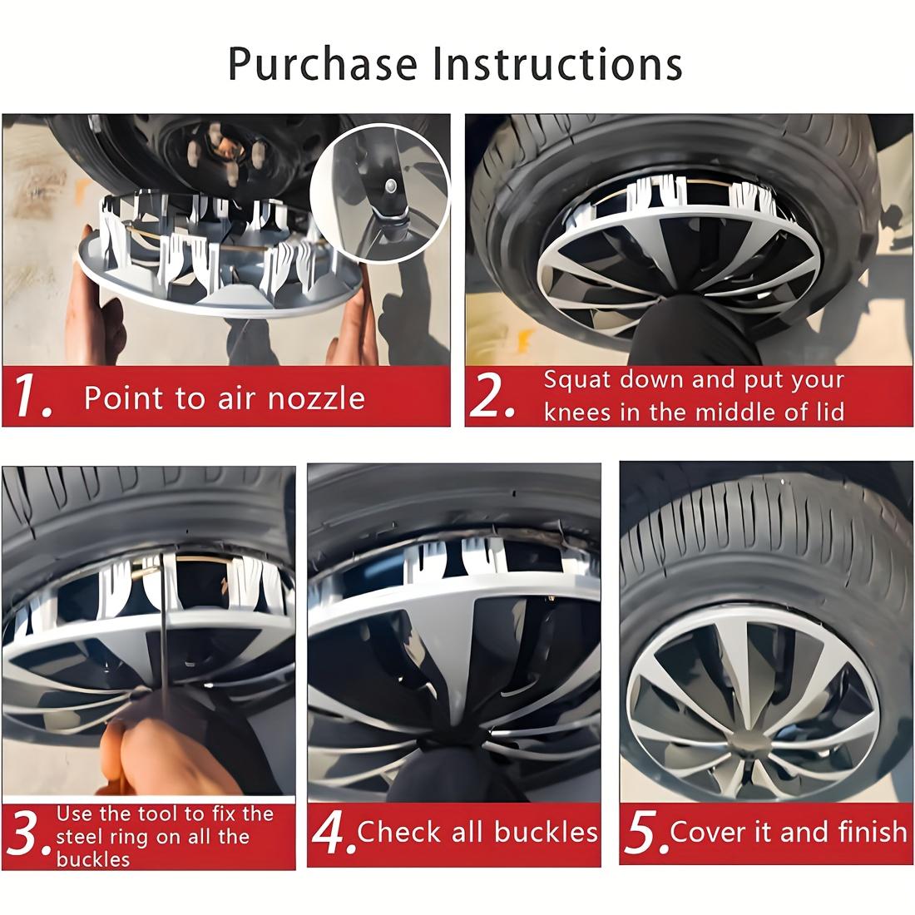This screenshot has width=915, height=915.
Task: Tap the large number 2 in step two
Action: [x=492, y=398]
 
